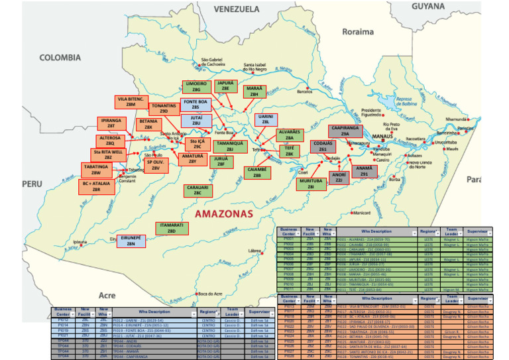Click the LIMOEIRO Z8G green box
tap(196, 87)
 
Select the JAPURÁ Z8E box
tap(225, 86)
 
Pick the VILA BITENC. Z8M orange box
tap(131, 101)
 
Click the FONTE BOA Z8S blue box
tap(196, 105)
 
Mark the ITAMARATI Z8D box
tap(171, 228)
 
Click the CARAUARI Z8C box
tap(197, 190)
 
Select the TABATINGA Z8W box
tap(95, 170)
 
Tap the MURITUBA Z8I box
tap(311, 184)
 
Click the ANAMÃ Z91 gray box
tap(364, 171)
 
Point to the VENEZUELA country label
tap(237, 9)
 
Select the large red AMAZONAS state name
tap(224, 214)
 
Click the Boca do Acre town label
tap(210, 293)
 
